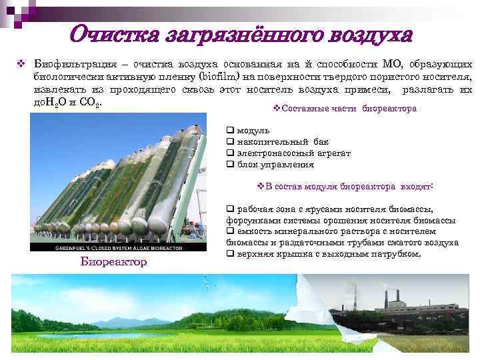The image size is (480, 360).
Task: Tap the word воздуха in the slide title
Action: pyautogui.click(x=360, y=33)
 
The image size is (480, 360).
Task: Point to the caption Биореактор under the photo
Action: pyautogui.click(x=114, y=261)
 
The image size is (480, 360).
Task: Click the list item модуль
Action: pyautogui.click(x=253, y=130)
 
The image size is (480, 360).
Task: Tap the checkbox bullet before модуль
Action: pyautogui.click(x=230, y=130)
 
